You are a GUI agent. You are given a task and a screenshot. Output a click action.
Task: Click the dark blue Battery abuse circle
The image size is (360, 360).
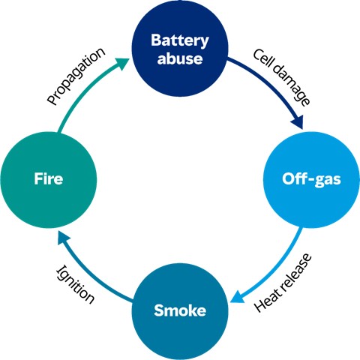180,49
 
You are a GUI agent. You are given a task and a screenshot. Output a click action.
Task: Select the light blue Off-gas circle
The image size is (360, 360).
311,180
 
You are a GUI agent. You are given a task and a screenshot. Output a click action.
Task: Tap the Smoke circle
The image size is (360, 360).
180,311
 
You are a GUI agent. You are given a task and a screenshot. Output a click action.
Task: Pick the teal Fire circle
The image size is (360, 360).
49,180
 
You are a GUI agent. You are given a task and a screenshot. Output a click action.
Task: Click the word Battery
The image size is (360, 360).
180,40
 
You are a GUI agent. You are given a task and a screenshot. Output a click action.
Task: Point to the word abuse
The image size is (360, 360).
180,58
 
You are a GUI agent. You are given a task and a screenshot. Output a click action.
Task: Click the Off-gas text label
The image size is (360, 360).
311,179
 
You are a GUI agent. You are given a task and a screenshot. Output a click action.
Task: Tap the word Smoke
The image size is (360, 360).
180,310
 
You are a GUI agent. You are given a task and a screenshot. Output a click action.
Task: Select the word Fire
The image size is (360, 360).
49,178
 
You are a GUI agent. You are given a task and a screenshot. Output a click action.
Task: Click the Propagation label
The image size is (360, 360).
76,76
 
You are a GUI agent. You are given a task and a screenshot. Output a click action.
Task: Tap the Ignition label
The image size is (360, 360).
76,284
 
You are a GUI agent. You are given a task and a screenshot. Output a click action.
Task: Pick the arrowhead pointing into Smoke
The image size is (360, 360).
238,296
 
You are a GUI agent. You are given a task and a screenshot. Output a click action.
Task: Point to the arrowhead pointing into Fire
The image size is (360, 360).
64,238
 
